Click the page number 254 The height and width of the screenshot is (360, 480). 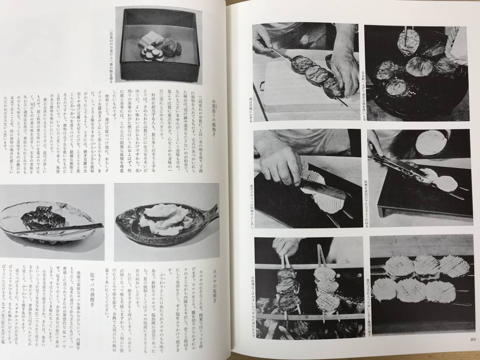point(472,340)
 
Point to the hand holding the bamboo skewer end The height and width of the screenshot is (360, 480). point(263,38)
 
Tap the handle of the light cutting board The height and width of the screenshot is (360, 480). point(262,85)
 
